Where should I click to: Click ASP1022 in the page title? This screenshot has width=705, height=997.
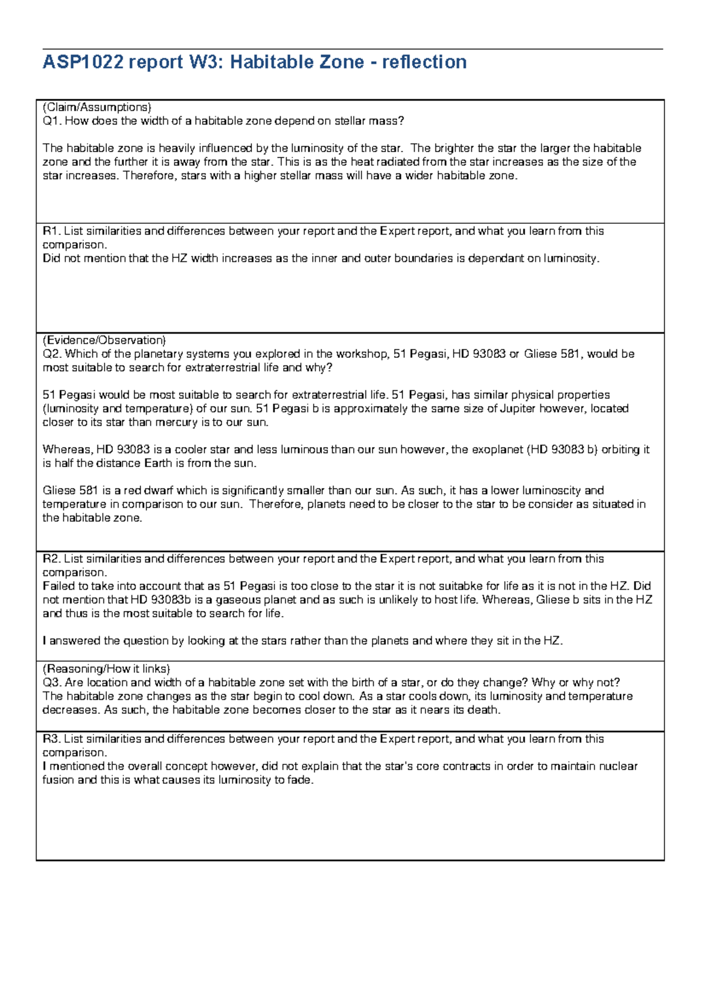click(x=83, y=62)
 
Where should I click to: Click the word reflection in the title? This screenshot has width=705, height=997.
click(x=424, y=62)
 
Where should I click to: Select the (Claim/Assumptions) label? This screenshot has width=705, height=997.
click(x=97, y=107)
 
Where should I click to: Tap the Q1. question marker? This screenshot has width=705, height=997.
click(x=52, y=121)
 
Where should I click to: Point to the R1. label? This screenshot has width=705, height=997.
click(x=52, y=231)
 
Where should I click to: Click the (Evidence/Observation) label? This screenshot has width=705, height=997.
click(x=105, y=340)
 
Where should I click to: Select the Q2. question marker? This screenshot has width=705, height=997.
click(x=52, y=354)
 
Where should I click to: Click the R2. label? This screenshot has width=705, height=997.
click(x=52, y=559)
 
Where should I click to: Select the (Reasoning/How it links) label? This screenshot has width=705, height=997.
click(x=106, y=669)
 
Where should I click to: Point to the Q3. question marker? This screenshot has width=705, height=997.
click(x=52, y=683)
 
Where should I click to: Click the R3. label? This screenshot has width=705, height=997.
click(x=52, y=739)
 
